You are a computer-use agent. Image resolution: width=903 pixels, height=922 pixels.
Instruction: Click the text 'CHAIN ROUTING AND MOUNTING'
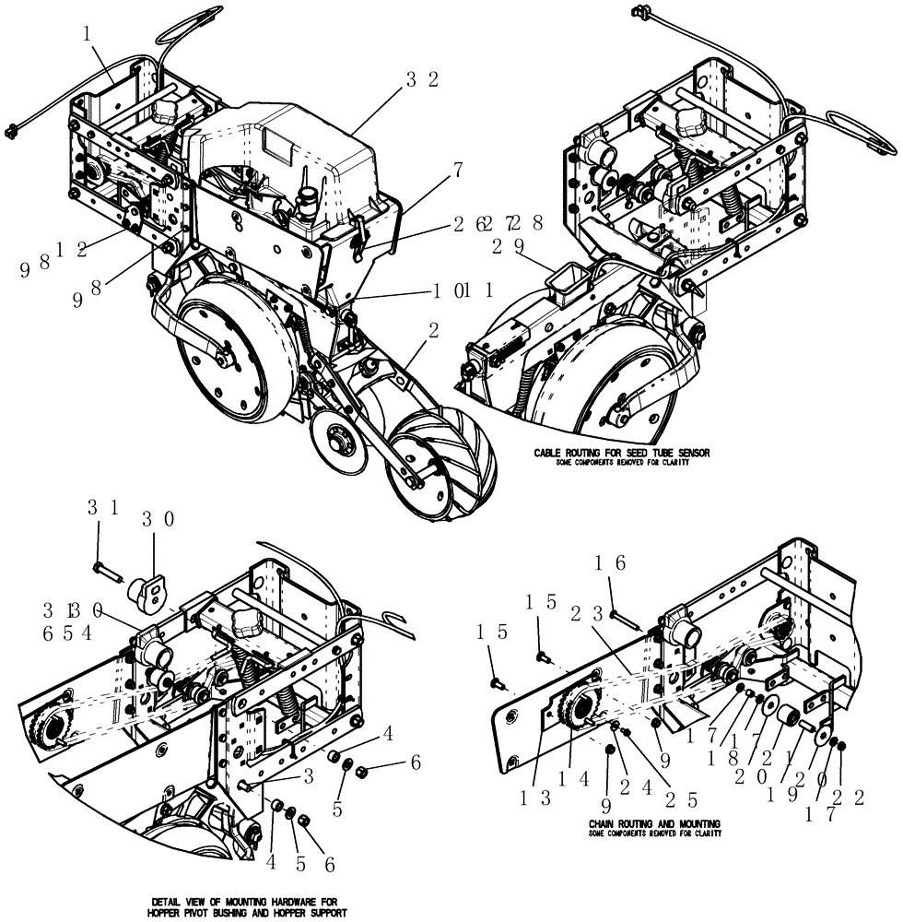pos(654,822)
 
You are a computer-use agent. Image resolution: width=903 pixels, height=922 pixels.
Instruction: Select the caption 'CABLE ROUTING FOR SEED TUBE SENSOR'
pos(623,454)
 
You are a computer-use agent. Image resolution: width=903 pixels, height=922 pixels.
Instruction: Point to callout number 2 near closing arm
pos(433,330)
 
